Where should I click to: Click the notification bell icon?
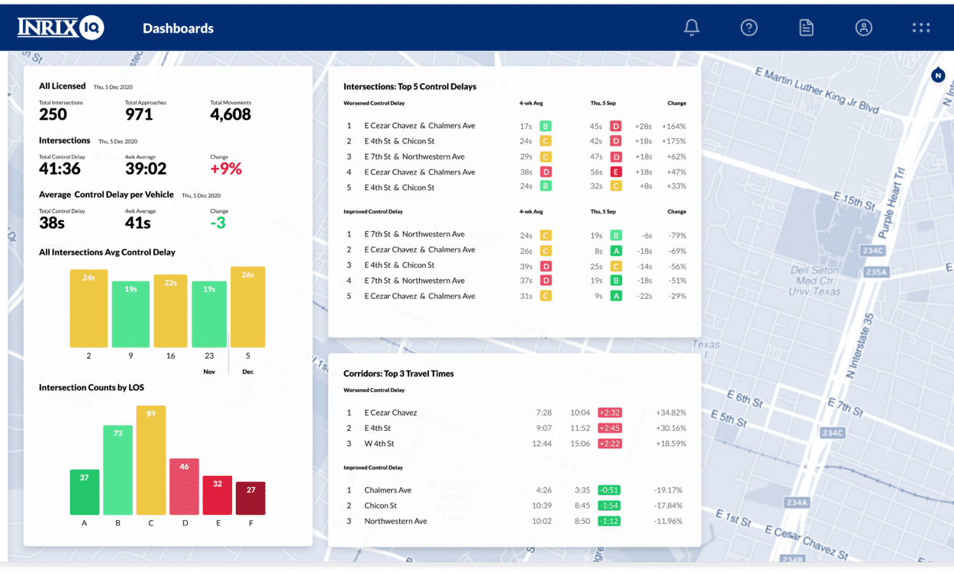[x=691, y=27]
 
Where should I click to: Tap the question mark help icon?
[x=749, y=27]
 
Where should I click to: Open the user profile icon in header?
[x=863, y=27]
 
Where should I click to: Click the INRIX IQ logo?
[x=61, y=28]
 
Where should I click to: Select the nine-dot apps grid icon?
[x=920, y=27]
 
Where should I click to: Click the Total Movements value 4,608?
[x=230, y=114]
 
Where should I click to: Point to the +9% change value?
[x=226, y=169]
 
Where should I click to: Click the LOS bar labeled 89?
[x=151, y=460]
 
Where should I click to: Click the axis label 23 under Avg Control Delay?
[x=209, y=355]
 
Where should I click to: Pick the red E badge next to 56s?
[x=615, y=172]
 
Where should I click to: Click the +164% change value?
[x=673, y=126]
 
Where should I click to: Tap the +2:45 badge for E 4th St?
[x=609, y=428]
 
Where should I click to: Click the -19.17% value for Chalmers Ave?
[x=668, y=490]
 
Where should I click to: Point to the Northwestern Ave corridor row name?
[x=395, y=521]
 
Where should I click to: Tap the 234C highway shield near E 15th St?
[x=871, y=249]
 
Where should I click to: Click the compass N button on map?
[x=938, y=75]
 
